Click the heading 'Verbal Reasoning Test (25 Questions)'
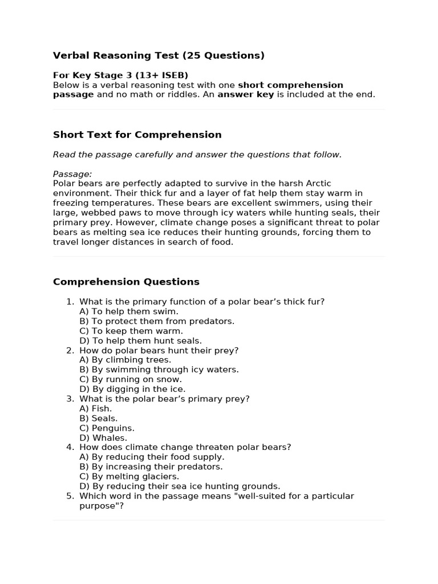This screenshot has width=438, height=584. (x=159, y=55)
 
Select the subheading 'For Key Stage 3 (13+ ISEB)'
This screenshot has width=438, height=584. (x=120, y=75)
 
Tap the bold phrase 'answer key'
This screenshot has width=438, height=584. (x=246, y=95)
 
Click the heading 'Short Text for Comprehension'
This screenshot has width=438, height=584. (x=137, y=135)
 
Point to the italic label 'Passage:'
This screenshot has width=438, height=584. (x=72, y=174)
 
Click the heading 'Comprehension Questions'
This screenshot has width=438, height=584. (x=126, y=282)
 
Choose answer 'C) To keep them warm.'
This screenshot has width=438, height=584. (x=131, y=331)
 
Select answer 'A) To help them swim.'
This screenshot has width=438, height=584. (x=129, y=311)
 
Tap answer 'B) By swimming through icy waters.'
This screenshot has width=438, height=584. (x=159, y=370)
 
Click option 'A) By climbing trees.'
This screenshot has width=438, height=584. (x=125, y=360)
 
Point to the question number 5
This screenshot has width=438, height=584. (x=70, y=496)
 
